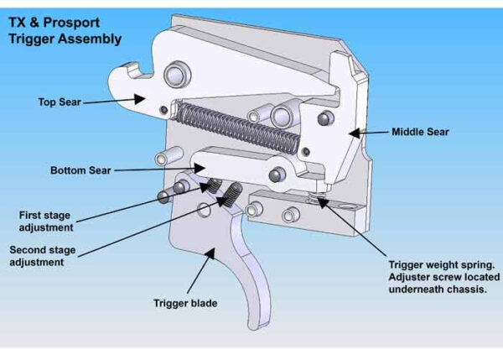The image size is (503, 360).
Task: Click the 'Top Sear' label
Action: pos(59,102)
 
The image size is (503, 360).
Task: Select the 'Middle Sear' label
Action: pos(420,132)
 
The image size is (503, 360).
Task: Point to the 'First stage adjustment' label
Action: pos(45,221)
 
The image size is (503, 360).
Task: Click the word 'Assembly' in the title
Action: pos(92,39)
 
